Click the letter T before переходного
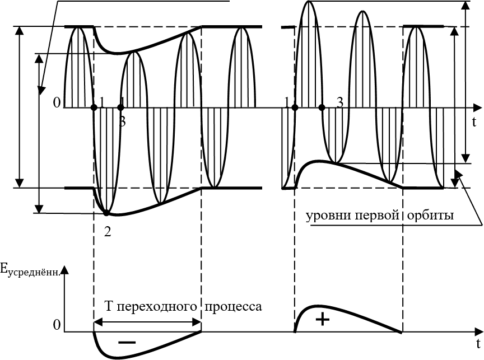(110, 307)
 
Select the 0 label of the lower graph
(55, 325)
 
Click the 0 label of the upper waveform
(56, 102)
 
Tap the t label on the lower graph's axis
(478, 342)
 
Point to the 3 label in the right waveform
(339, 102)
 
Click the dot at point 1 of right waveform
(295, 107)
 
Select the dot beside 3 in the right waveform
(322, 107)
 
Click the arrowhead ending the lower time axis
(477, 333)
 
